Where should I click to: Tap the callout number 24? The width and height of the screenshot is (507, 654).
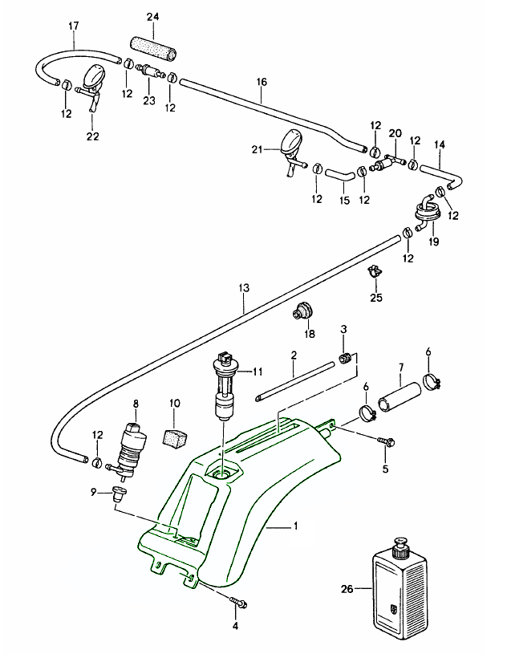(153, 17)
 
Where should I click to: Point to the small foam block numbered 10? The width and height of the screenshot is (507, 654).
(176, 438)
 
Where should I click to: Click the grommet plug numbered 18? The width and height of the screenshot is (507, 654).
(306, 311)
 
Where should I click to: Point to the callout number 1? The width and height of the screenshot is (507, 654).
(295, 527)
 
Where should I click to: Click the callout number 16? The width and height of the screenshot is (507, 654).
(262, 82)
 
